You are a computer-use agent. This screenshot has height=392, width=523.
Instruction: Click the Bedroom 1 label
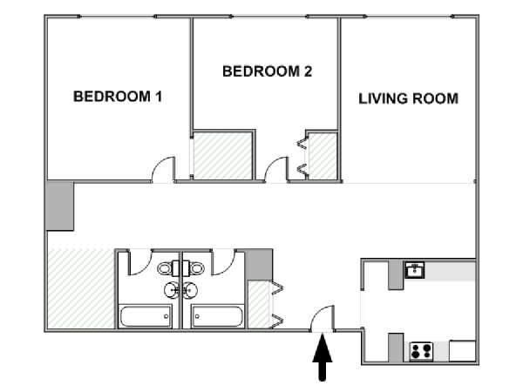118,97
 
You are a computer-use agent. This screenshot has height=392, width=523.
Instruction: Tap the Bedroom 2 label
268,71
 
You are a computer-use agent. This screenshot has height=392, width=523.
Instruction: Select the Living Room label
408,98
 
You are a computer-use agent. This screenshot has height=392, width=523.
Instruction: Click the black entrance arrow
323,357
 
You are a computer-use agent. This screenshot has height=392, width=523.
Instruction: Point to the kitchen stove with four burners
421,351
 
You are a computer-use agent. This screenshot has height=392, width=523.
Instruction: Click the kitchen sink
415,270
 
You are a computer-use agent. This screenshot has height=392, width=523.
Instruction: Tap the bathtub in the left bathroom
146,316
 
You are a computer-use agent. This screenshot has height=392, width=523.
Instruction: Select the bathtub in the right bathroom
217,316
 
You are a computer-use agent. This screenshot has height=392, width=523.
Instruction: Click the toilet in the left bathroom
168,268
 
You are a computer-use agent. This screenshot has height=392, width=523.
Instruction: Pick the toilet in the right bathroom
194,268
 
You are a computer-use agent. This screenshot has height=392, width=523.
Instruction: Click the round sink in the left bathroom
172,290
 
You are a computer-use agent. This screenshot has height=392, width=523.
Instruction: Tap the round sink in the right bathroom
190,290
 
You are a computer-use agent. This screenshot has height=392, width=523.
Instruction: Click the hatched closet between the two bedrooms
223,156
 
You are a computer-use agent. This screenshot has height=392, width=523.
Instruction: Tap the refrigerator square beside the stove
462,351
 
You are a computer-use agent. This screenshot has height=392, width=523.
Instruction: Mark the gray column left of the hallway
59,206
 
